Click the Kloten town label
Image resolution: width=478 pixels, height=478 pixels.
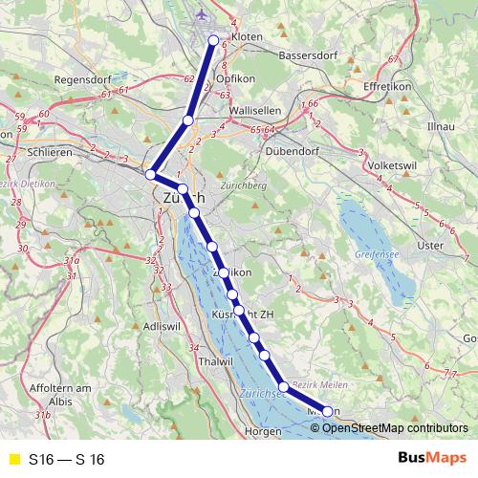pyautogui.click(x=247, y=35)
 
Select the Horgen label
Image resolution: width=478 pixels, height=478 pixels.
pyautogui.click(x=263, y=431)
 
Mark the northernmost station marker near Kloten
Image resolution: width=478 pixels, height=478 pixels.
pyautogui.click(x=214, y=40)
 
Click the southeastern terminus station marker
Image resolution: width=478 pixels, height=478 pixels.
pyautogui.click(x=328, y=411)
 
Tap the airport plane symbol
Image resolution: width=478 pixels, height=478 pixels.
pyautogui.click(x=201, y=13)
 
